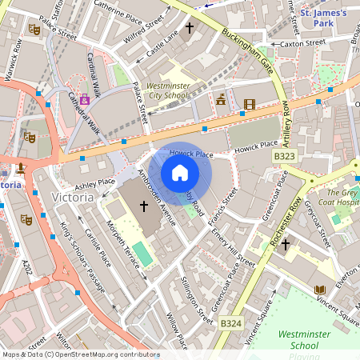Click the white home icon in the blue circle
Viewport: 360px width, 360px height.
click(180, 173)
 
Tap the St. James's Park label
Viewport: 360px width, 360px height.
click(325, 18)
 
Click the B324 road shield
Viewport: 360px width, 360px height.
click(230, 323)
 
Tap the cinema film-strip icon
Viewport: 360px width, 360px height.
click(250, 104)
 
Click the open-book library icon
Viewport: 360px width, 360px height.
click(320, 289)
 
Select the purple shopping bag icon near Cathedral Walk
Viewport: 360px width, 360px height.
click(84, 101)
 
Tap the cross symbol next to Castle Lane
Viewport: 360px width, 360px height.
click(190, 29)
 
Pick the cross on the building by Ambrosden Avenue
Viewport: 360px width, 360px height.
click(144, 206)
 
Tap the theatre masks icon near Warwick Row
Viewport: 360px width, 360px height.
click(34, 29)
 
